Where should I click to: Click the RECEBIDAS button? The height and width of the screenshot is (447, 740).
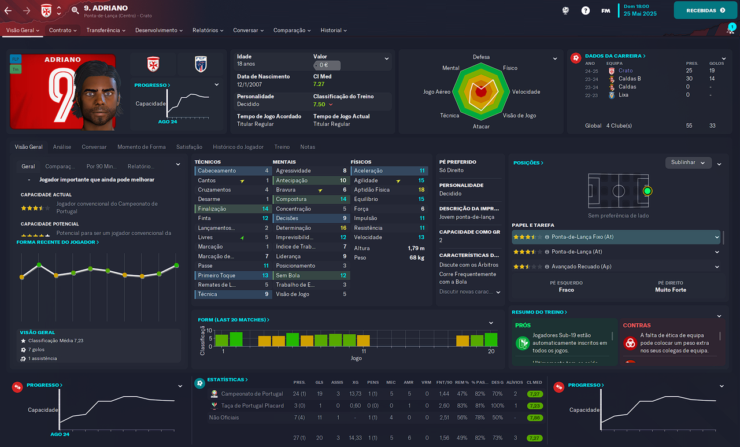pos(705,10)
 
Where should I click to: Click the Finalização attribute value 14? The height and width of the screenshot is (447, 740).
pos(265,209)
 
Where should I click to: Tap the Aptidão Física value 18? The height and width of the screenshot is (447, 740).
pos(421,190)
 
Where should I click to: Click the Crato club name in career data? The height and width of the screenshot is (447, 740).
pos(626,71)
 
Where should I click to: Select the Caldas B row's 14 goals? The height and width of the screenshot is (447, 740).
pos(712,79)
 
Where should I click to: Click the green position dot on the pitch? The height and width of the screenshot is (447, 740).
pos(647,190)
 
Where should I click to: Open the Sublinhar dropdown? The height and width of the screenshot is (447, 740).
pos(688,162)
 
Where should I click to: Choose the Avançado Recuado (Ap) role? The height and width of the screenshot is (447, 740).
pos(581,267)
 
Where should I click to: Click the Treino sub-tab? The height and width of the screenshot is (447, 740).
pos(282,147)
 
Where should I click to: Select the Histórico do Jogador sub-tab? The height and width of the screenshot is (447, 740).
pos(238,147)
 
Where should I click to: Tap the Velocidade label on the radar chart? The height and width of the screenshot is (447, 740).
pos(526,92)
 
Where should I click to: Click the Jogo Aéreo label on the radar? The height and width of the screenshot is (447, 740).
pos(436,92)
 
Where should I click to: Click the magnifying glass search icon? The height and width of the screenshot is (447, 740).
pos(76,10)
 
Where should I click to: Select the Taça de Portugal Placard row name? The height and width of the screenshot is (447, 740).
pos(252,405)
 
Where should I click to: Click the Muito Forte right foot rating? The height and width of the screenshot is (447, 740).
pos(671,290)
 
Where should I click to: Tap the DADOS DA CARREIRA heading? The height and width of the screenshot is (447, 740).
pos(613,56)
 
